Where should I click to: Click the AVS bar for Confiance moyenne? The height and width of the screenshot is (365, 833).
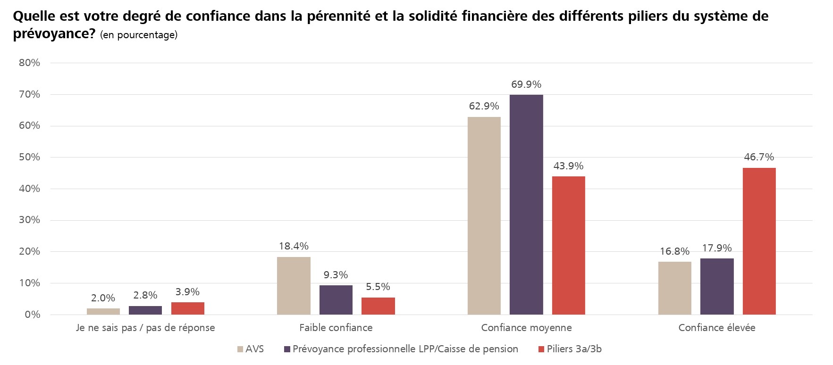pyautogui.click(x=484, y=216)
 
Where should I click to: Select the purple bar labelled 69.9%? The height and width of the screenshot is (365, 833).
pyautogui.click(x=526, y=205)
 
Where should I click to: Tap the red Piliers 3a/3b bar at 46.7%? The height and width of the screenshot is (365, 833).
pyautogui.click(x=759, y=241)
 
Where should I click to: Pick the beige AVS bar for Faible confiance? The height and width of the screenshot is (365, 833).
pyautogui.click(x=294, y=285)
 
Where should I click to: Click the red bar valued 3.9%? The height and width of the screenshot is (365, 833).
pyautogui.click(x=187, y=308)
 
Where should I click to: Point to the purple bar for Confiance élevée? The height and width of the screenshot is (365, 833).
pyautogui.click(x=717, y=286)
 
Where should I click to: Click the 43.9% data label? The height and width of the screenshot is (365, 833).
pyautogui.click(x=568, y=166)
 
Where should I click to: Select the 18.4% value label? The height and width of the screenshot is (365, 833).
pyautogui.click(x=294, y=246)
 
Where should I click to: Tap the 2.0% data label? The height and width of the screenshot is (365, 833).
pyautogui.click(x=103, y=298)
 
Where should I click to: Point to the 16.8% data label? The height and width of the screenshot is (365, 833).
pyautogui.click(x=674, y=251)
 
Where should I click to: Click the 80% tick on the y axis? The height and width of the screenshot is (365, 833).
pyautogui.click(x=30, y=63)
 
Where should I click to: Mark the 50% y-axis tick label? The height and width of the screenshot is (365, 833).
pyautogui.click(x=30, y=157)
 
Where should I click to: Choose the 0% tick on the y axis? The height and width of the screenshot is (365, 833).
pyautogui.click(x=33, y=315)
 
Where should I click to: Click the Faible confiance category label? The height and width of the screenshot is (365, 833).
pyautogui.click(x=336, y=328)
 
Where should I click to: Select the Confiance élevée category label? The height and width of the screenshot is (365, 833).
pyautogui.click(x=716, y=328)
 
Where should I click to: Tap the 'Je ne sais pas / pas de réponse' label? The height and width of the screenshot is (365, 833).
pyautogui.click(x=145, y=328)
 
